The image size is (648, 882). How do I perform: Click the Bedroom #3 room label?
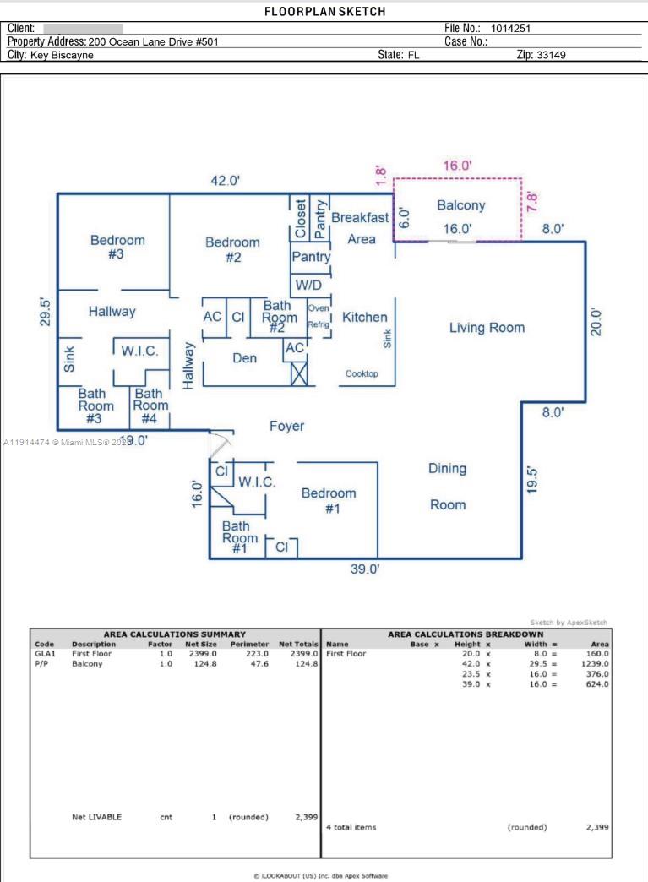117,247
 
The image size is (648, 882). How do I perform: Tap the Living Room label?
486,328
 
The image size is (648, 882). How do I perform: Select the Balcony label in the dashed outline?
460,205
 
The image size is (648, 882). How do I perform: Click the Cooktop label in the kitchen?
362,373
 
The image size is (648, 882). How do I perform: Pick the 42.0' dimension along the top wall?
226,180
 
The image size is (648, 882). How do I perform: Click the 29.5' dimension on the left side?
46,311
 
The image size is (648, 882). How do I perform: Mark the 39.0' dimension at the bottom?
365,569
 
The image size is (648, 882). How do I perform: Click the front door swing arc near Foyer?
221,444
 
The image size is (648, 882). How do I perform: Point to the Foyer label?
286,427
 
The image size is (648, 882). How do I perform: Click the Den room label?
244,358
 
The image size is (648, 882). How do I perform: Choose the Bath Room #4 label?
149,406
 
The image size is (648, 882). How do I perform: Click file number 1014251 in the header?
510,29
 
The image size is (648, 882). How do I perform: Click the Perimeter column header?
249,644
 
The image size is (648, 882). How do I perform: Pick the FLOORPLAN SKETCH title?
324,12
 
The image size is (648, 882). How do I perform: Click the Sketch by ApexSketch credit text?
568,623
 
